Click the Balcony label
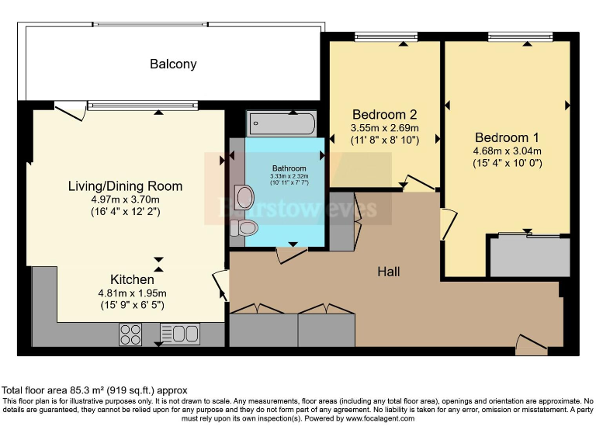pos(173,64)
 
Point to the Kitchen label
pos(131,279)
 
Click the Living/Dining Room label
pos(125,186)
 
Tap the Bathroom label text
pos(289,168)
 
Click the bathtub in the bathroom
pos(281,123)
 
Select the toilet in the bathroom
pos(245,227)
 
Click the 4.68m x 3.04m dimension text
pos(507,151)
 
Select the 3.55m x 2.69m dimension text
pos(384,127)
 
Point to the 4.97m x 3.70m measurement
pos(125,199)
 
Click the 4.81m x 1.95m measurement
pos(131,293)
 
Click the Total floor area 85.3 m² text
pos(94,390)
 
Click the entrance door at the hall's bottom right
pos(532,344)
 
